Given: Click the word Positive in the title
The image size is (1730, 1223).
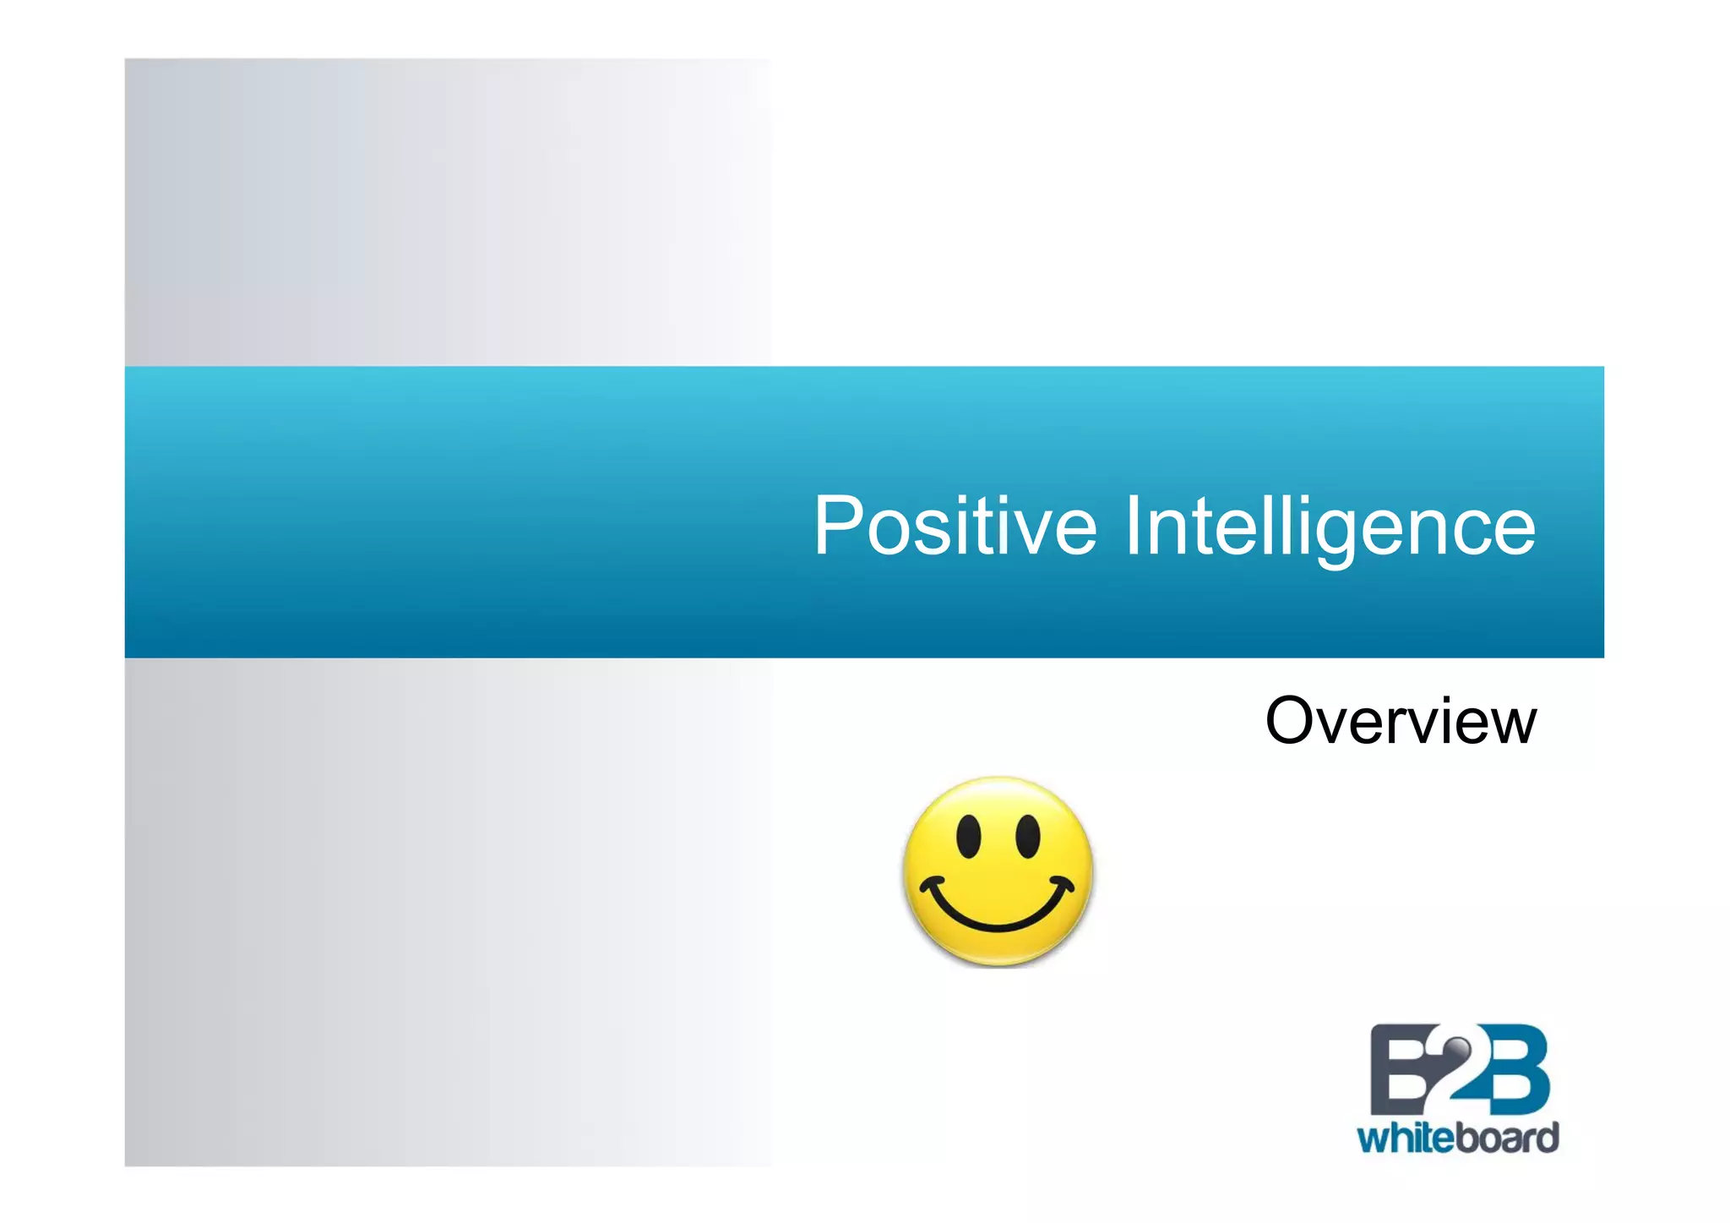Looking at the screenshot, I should pyautogui.click(x=955, y=526).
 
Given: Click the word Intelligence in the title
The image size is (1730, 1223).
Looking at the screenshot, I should pyautogui.click(x=1330, y=526).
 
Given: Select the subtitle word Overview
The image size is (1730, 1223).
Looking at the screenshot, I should pyautogui.click(x=1401, y=721).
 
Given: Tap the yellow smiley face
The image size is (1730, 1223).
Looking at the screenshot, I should pyautogui.click(x=998, y=871).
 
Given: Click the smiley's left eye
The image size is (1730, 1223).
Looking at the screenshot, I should pyautogui.click(x=968, y=836).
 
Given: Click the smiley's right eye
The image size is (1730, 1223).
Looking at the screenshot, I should pyautogui.click(x=1027, y=836).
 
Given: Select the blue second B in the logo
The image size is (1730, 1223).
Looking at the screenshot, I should pyautogui.click(x=1517, y=1070).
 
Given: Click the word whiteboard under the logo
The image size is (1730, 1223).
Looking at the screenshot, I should pyautogui.click(x=1458, y=1138).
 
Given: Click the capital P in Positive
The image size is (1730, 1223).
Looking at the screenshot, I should pyautogui.click(x=840, y=526).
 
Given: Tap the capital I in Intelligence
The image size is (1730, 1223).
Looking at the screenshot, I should pyautogui.click(x=1134, y=526).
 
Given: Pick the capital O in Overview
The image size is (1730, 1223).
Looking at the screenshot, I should pyautogui.click(x=1293, y=721).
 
